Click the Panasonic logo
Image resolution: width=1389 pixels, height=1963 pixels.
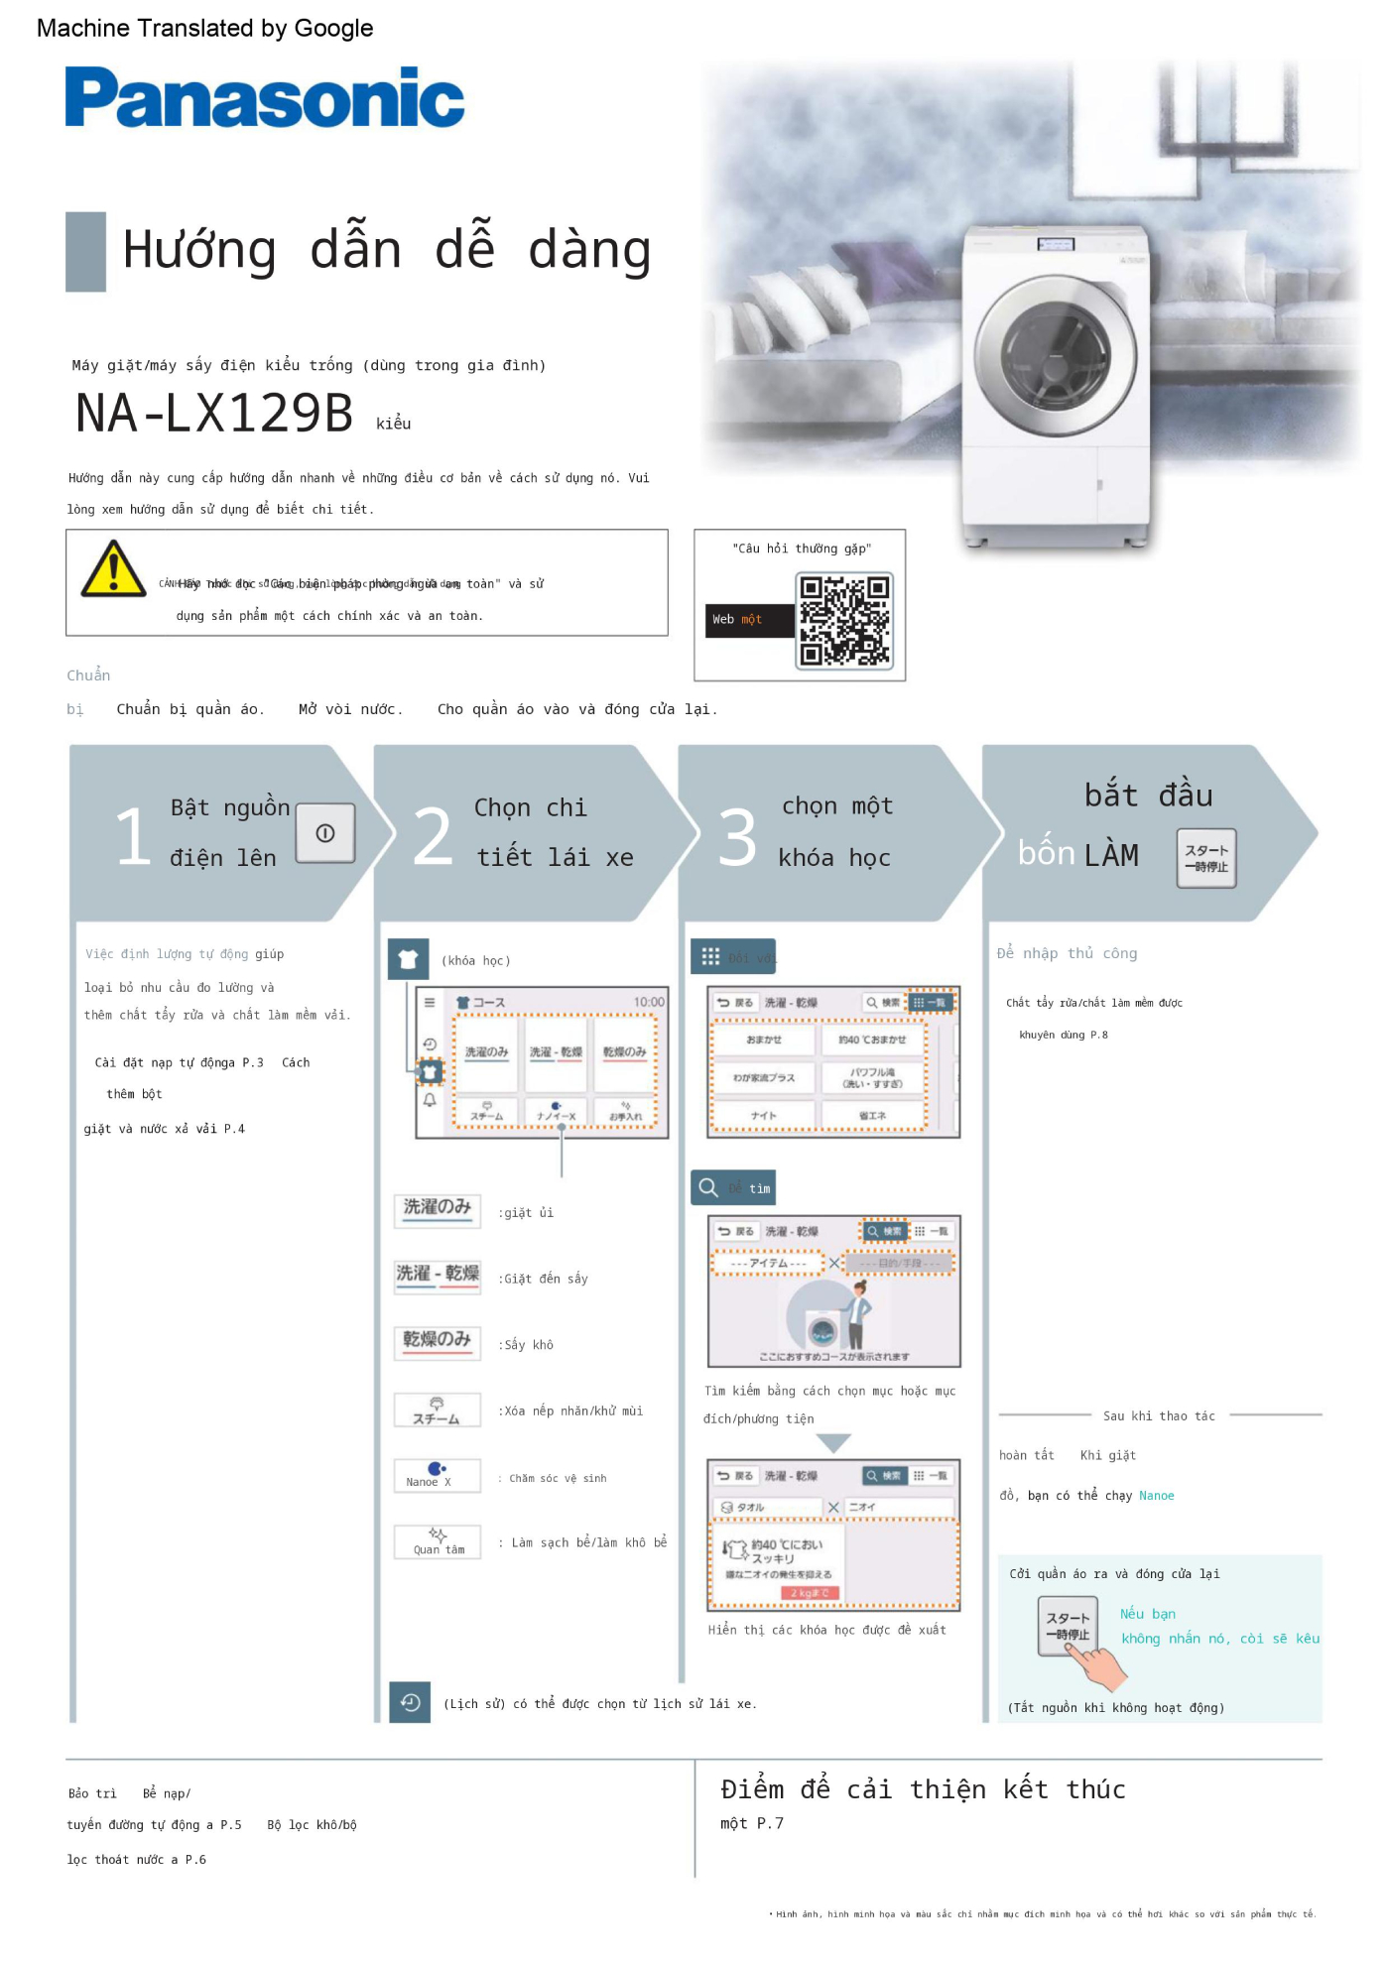click(x=264, y=97)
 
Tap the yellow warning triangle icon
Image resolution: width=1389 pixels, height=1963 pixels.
click(x=113, y=569)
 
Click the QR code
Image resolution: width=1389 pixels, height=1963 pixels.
click(x=844, y=621)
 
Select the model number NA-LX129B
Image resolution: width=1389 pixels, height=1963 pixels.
click(x=214, y=414)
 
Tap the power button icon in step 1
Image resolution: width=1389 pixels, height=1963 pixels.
click(x=324, y=833)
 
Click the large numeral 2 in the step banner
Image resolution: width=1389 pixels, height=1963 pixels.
click(x=433, y=836)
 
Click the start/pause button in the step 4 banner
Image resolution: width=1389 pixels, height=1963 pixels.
click(x=1205, y=858)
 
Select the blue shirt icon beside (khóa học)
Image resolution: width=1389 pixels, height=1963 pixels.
click(x=408, y=959)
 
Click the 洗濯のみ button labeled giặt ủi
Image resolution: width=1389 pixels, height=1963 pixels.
click(x=437, y=1208)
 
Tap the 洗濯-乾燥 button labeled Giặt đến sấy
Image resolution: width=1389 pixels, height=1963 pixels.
click(x=437, y=1275)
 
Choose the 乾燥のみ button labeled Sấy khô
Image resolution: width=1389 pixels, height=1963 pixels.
click(x=437, y=1340)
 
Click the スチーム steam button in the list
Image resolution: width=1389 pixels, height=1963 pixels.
click(x=437, y=1411)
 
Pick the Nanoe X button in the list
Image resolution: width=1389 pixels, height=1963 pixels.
click(x=437, y=1475)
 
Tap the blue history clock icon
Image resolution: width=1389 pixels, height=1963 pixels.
click(x=410, y=1702)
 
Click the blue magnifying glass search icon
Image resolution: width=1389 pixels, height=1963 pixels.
click(x=708, y=1187)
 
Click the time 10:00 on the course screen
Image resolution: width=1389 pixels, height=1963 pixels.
click(x=649, y=1002)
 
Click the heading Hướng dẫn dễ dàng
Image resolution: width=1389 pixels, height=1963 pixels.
click(x=386, y=250)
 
